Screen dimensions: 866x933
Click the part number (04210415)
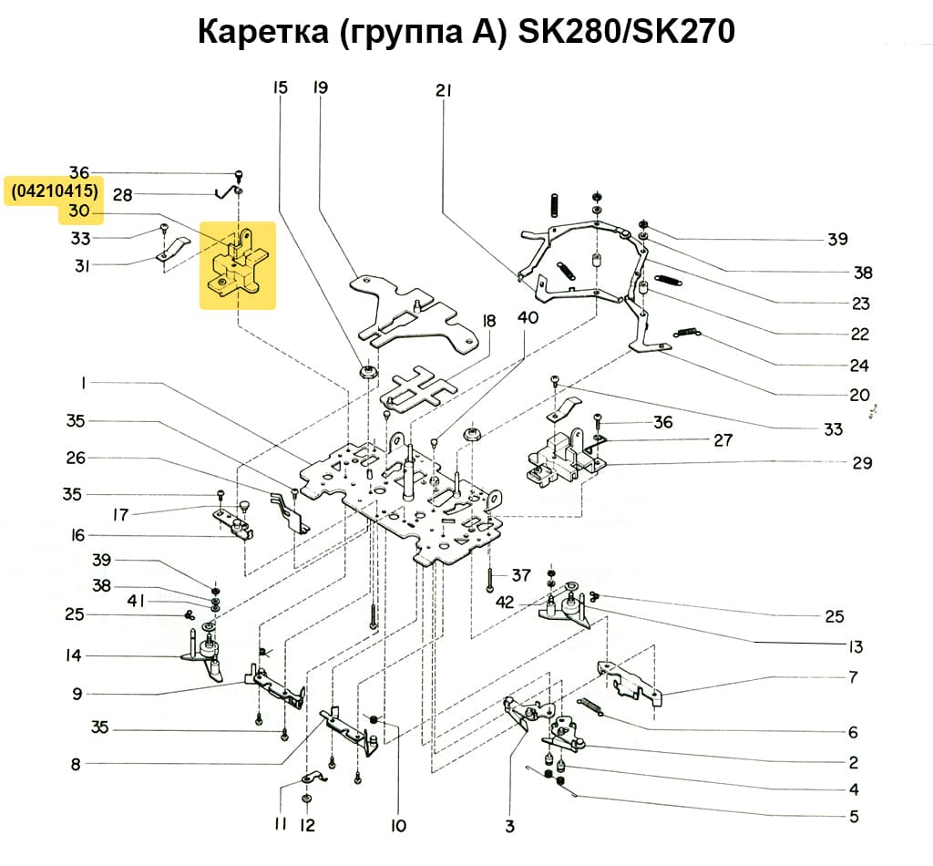pyautogui.click(x=53, y=191)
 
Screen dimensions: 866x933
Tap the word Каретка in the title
pyautogui.click(x=263, y=32)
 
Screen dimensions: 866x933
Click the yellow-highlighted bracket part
pyautogui.click(x=238, y=265)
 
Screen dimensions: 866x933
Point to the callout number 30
pyautogui.click(x=79, y=212)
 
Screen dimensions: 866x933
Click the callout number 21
pyautogui.click(x=444, y=90)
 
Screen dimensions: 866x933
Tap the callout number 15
pyautogui.click(x=280, y=88)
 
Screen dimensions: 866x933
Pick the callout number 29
pyautogui.click(x=862, y=463)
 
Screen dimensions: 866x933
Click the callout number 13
pyautogui.click(x=854, y=647)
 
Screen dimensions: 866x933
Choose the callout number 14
pyautogui.click(x=73, y=655)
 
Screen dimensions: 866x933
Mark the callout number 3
pyautogui.click(x=509, y=827)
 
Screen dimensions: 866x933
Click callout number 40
pyautogui.click(x=528, y=318)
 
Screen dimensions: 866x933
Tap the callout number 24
pyautogui.click(x=858, y=366)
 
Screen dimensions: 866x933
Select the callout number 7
pyautogui.click(x=853, y=677)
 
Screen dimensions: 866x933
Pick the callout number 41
pyautogui.click(x=136, y=603)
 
